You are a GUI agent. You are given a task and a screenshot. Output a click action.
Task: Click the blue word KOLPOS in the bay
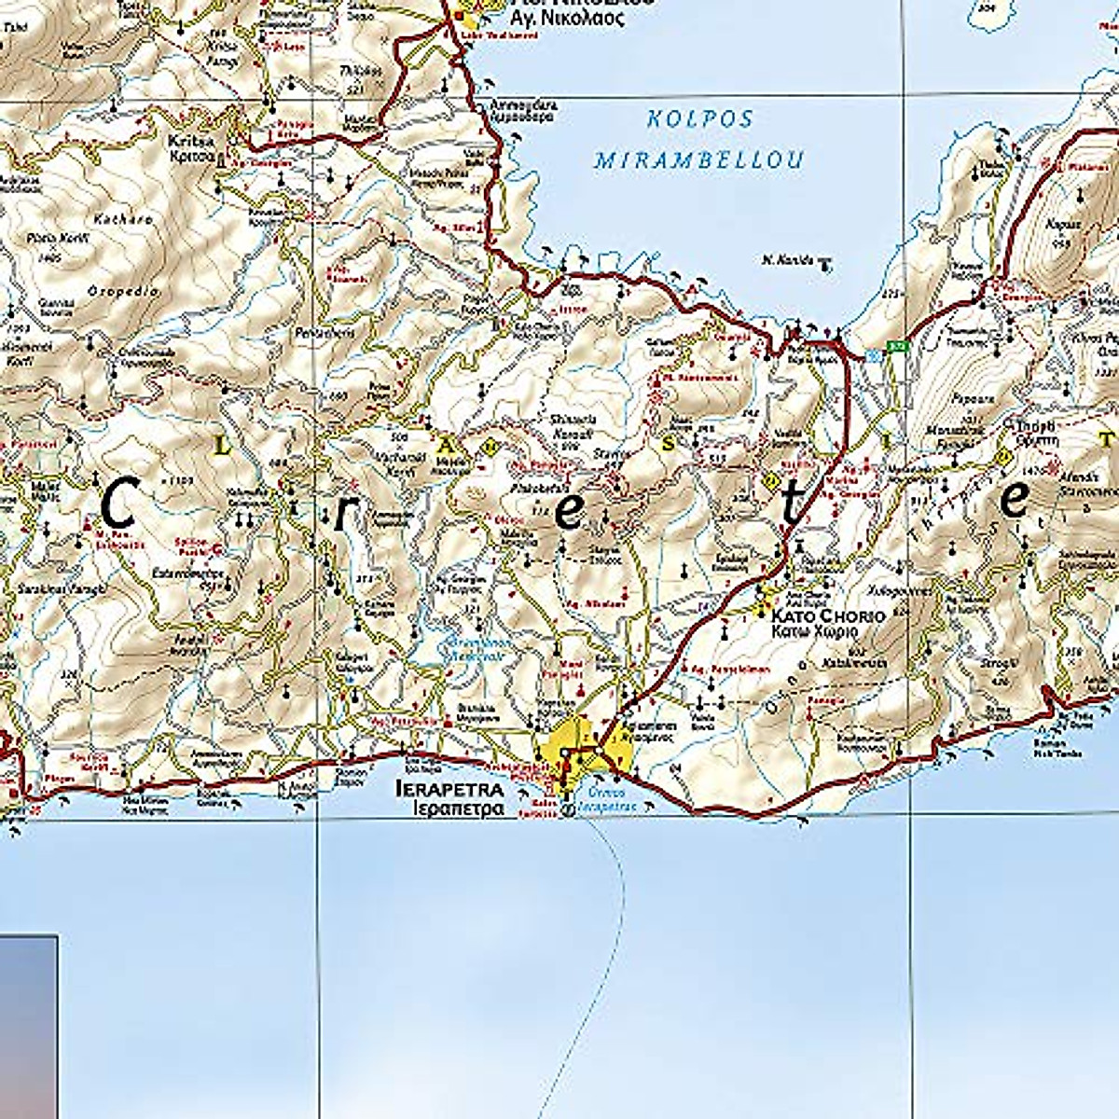click(698, 119)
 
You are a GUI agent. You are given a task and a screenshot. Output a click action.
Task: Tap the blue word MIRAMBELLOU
click(698, 160)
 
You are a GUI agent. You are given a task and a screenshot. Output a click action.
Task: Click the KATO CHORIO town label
click(827, 616)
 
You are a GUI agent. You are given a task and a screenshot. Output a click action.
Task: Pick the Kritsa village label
click(191, 142)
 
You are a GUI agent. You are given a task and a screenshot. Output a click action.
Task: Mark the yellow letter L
click(221, 448)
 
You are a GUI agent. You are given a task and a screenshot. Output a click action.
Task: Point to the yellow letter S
click(668, 445)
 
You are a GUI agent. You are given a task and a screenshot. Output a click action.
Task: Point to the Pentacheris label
click(342, 332)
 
